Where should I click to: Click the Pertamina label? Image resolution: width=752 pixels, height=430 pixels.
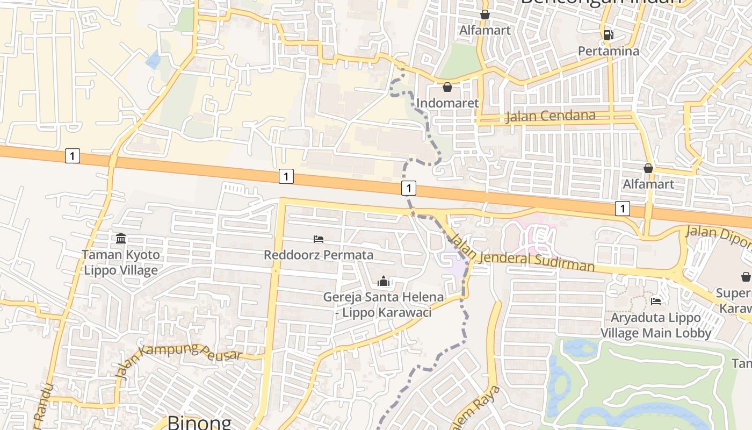coord(609,51)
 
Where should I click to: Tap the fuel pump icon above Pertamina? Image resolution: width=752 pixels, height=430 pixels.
coord(609,35)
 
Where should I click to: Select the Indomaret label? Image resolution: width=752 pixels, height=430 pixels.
coord(447,103)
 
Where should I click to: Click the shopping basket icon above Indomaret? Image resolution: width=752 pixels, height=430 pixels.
coord(447,87)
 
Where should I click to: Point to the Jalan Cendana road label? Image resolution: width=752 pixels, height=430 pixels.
coord(550,116)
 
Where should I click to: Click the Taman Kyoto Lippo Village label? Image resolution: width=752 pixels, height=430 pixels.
coord(121,262)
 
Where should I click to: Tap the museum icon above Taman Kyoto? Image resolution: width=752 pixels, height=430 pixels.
coord(121,238)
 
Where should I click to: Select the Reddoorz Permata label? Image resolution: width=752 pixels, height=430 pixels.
coord(319,254)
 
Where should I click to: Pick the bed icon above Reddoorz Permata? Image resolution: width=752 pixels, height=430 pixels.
coord(319,239)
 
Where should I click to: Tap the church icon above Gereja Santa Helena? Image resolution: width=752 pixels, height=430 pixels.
coord(383,281)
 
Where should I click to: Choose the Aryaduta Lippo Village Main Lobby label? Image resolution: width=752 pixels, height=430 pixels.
coord(655,325)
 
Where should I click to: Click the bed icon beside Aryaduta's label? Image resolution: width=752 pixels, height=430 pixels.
coord(655,301)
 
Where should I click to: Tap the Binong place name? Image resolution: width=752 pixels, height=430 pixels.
coord(199,422)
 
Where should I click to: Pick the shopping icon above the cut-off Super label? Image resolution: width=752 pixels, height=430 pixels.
coord(746,277)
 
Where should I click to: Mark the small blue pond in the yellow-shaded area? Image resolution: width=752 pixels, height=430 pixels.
coord(153,60)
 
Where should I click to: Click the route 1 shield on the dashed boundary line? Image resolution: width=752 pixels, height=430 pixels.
coord(409,188)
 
